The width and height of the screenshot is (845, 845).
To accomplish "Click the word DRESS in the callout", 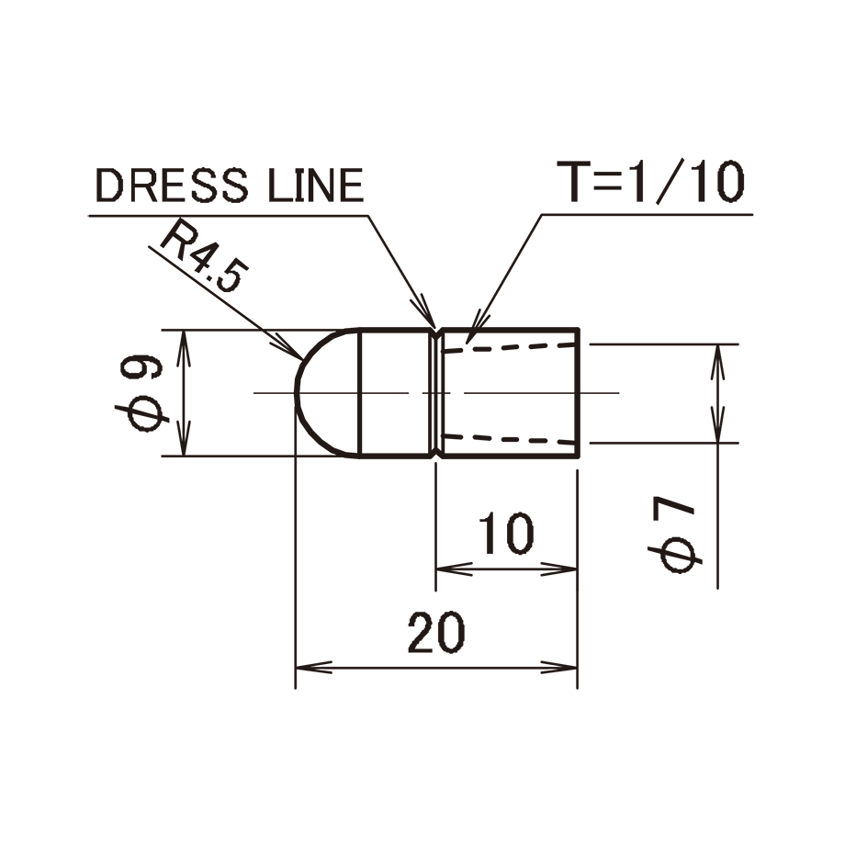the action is pyautogui.click(x=172, y=185).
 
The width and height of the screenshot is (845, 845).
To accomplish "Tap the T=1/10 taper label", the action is pyautogui.click(x=650, y=182).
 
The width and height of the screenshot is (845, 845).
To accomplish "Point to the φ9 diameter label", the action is pyautogui.click(x=141, y=393).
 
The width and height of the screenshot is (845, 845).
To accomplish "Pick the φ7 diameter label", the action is pyautogui.click(x=674, y=535).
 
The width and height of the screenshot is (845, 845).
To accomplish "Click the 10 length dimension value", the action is pyautogui.click(x=506, y=534).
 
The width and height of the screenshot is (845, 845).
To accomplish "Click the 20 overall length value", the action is pyautogui.click(x=436, y=632).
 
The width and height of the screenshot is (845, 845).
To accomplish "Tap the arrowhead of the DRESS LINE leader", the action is pyautogui.click(x=427, y=312).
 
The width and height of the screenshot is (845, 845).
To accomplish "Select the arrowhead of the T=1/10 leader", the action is pyautogui.click(x=474, y=327).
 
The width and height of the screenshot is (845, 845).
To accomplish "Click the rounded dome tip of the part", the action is pyautogui.click(x=296, y=392).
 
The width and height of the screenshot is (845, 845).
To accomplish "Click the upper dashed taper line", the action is pyautogui.click(x=509, y=347).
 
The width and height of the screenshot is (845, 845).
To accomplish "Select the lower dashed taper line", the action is pyautogui.click(x=509, y=439).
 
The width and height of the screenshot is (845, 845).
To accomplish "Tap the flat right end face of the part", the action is pyautogui.click(x=578, y=392).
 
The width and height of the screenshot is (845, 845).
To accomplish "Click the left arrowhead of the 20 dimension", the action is pyautogui.click(x=313, y=667).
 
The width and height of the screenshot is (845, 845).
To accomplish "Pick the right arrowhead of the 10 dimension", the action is pyautogui.click(x=558, y=569).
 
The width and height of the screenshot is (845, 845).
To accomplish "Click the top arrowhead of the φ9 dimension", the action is pyautogui.click(x=185, y=347).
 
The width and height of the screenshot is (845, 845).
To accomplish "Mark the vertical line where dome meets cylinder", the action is pyautogui.click(x=360, y=392).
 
